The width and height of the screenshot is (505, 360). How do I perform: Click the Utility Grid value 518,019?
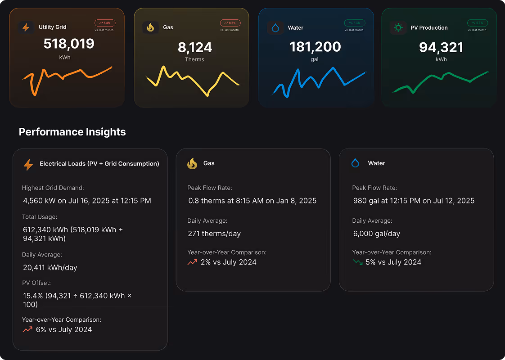[69, 44]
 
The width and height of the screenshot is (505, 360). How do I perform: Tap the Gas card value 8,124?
[194, 47]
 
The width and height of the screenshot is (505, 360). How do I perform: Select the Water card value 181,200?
[315, 47]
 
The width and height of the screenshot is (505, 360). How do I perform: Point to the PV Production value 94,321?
[441, 47]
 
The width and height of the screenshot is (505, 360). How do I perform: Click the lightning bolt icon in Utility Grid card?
[26, 27]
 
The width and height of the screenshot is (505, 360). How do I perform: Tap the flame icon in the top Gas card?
[150, 27]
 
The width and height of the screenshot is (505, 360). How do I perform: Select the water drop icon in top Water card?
[275, 28]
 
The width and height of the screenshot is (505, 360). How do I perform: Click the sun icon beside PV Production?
[398, 27]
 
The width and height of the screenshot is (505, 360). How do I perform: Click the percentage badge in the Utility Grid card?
[105, 22]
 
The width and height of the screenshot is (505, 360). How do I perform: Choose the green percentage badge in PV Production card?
[478, 22]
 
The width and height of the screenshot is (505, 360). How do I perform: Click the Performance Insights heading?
[72, 132]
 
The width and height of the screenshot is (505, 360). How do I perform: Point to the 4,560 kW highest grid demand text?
[87, 201]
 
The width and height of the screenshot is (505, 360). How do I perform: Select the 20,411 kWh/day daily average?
[50, 267]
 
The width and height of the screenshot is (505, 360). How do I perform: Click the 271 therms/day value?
[214, 234]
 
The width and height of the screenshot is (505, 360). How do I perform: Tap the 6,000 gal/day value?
[377, 234]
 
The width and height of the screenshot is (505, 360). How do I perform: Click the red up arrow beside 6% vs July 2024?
[27, 329]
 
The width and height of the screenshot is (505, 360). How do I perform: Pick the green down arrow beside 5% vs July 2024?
[358, 262]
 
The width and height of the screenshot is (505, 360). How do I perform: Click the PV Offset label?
[36, 283]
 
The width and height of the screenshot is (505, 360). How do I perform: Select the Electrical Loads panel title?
[99, 164]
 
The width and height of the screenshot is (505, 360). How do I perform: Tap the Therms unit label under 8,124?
[194, 59]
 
